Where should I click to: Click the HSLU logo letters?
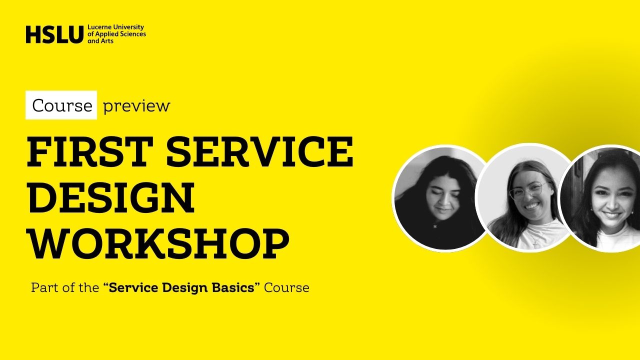pos(54,34)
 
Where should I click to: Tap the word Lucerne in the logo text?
pos(99,27)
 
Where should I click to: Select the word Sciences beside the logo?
pos(132,34)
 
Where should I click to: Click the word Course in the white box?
pos(62,105)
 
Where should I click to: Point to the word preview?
pos(136,106)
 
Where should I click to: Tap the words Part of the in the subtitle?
pos(65,287)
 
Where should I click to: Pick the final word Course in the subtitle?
pos(286,287)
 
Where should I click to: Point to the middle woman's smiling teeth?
pos(531,205)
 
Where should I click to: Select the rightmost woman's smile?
pos(611,215)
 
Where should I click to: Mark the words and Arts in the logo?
pos(100,41)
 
